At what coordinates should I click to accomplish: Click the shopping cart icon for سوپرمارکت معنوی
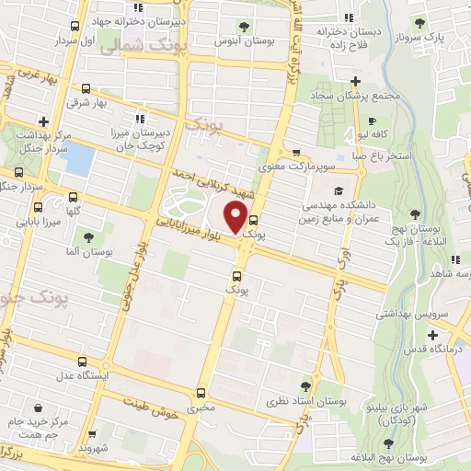tap(295, 154)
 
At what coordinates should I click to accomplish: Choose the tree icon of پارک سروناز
tap(419, 24)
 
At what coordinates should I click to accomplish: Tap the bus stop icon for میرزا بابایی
tap(74, 198)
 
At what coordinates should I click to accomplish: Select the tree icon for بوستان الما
tap(88, 237)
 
